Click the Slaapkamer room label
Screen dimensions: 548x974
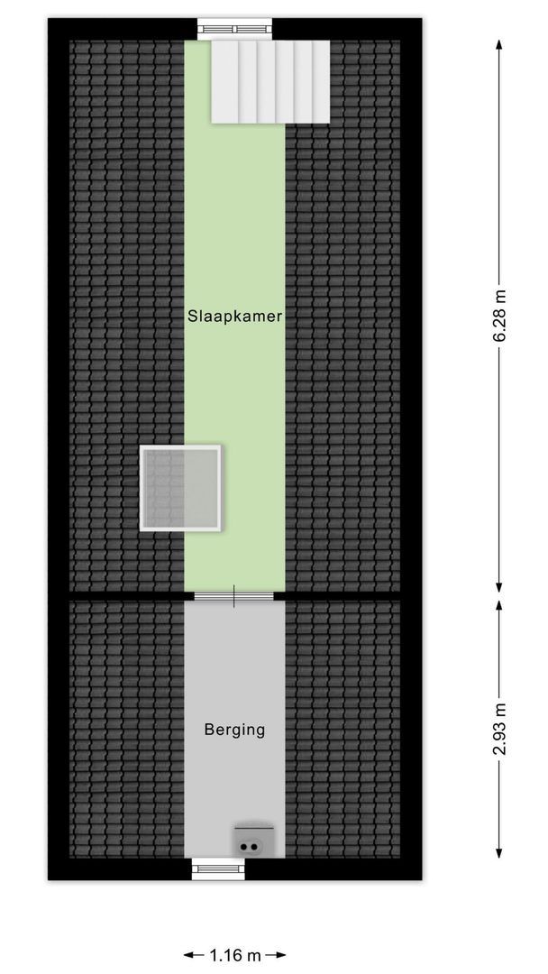235,317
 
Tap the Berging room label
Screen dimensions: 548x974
234,730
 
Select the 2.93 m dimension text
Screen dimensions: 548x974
499,729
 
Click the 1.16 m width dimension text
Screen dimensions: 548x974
234,955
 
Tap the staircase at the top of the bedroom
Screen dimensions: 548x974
270,81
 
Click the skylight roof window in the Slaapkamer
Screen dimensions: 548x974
180,488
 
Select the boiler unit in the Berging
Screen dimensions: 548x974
253,841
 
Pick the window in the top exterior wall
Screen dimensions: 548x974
234,29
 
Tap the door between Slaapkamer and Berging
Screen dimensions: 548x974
234,596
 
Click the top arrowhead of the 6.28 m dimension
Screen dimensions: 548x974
499,44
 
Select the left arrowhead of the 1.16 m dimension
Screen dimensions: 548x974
188,955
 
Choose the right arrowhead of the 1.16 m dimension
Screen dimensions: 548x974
280,955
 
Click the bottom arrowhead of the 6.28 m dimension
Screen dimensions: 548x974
499,587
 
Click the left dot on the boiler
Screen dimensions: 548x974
244,846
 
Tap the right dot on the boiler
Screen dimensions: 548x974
253,846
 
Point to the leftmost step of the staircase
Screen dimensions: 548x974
224,81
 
